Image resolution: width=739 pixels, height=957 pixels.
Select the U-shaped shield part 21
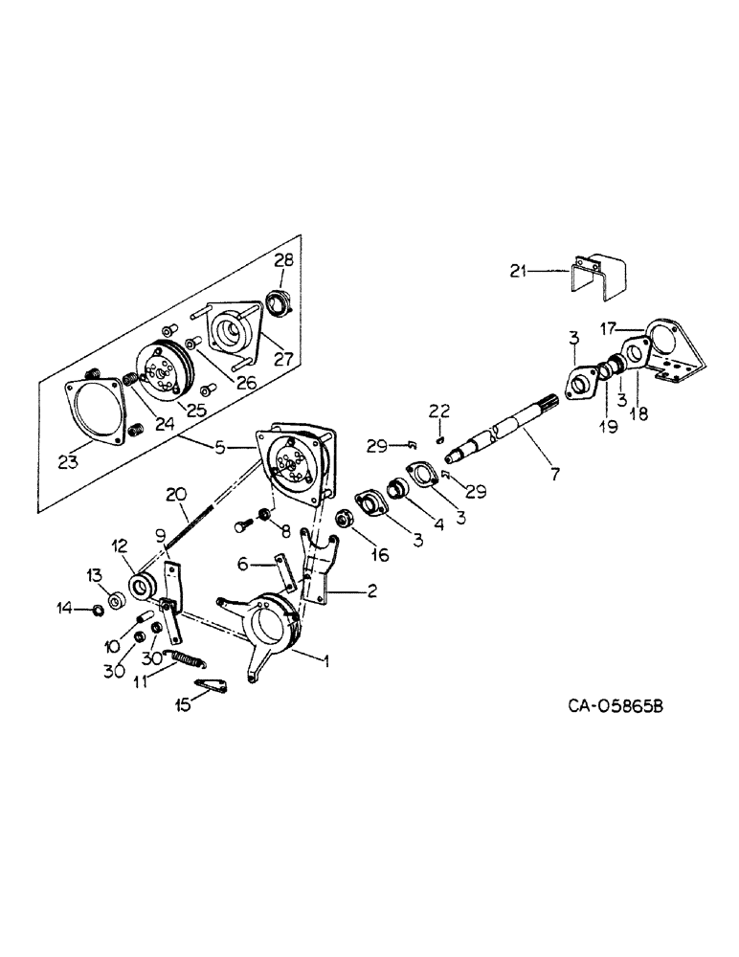click(x=596, y=272)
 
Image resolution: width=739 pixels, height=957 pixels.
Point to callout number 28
click(x=285, y=260)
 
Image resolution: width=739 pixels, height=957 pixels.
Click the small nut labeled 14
click(x=99, y=610)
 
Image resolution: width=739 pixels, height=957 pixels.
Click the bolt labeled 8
click(x=243, y=526)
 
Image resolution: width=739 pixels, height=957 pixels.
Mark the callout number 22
click(x=440, y=411)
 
